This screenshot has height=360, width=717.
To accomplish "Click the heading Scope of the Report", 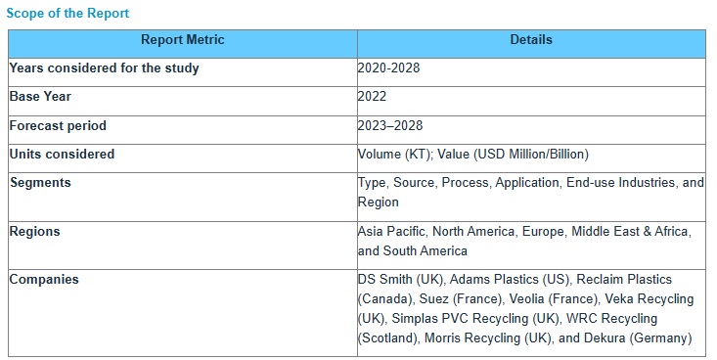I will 67,14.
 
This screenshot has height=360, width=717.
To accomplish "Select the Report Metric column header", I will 183,40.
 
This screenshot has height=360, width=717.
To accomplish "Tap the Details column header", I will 531,40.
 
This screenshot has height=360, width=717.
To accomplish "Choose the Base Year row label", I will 40,97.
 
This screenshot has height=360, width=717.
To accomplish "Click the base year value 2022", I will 373,97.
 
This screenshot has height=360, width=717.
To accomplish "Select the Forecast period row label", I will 58,126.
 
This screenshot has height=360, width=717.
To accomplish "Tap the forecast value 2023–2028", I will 390,126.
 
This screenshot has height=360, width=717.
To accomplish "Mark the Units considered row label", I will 62,155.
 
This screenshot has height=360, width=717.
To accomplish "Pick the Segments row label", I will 40,183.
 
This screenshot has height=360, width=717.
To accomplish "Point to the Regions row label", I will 35,232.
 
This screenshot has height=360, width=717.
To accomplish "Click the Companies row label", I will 44,280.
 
